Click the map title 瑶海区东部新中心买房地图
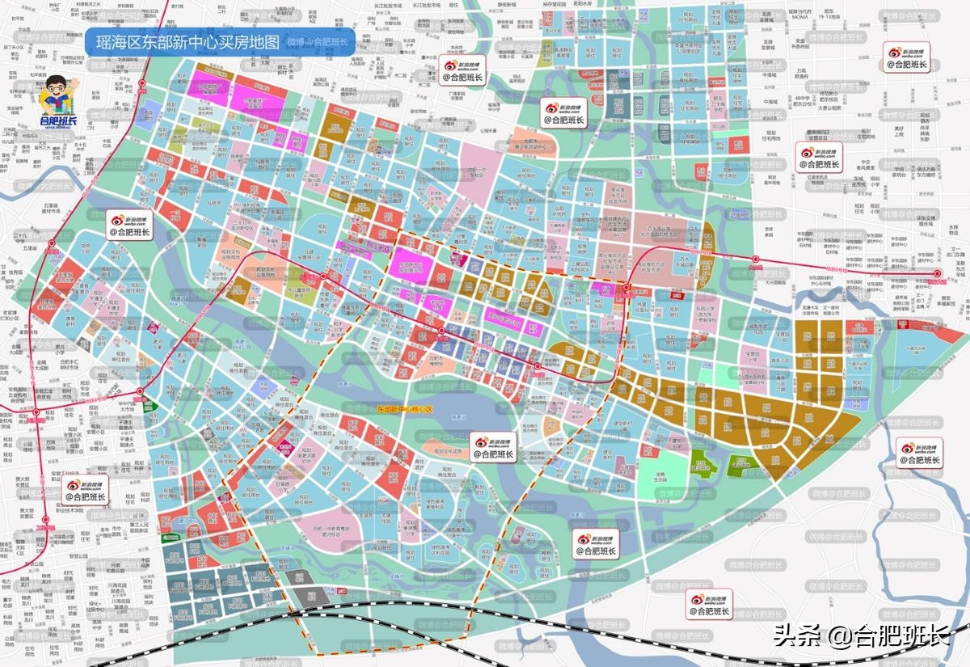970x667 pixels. pos(188,43)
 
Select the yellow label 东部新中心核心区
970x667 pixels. pos(405,409)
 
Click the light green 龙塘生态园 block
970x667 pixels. pos(660,469)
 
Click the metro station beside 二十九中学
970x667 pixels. pos(50,240)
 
